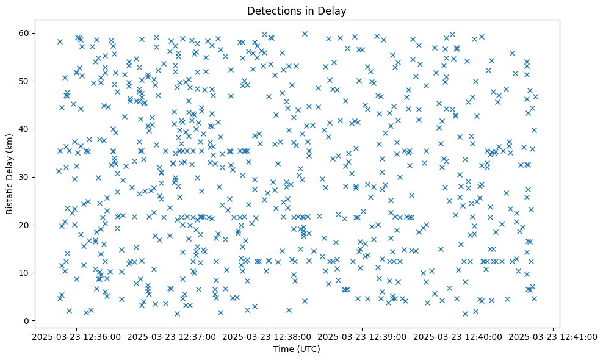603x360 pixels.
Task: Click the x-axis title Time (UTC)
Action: pyautogui.click(x=297, y=349)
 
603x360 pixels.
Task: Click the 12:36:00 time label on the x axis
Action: pyautogui.click(x=76, y=337)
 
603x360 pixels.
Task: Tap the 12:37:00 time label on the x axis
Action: pyautogui.click(x=172, y=337)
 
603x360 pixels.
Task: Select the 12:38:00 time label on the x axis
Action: pyautogui.click(x=267, y=337)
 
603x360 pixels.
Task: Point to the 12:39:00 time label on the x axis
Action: pyautogui.click(x=363, y=337)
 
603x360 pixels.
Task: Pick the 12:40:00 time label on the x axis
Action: pyautogui.click(x=458, y=337)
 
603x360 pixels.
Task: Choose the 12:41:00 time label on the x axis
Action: pyautogui.click(x=553, y=337)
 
